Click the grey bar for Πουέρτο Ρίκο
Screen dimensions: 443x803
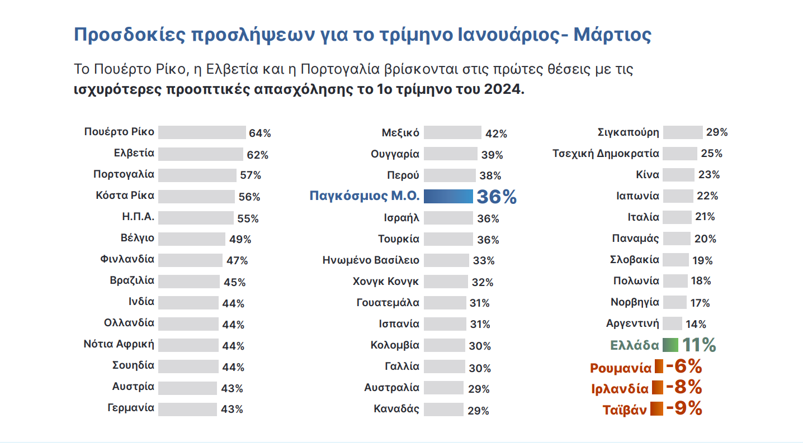point(202,132)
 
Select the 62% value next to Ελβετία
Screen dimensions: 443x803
point(257,155)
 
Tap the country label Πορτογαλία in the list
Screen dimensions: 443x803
point(124,174)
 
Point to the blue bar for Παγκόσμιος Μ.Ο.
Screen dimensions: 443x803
point(448,196)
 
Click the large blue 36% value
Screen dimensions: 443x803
point(497,197)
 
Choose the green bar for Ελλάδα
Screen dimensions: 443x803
point(670,345)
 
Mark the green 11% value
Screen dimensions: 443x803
point(699,345)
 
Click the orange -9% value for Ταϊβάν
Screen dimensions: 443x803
point(684,408)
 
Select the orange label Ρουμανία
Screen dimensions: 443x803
point(621,368)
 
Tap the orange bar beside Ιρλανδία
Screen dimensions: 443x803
point(657,388)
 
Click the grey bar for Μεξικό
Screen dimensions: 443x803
point(452,132)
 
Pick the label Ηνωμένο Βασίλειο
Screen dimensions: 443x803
point(371,260)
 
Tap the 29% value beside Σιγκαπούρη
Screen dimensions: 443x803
point(716,133)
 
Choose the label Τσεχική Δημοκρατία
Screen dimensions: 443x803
point(606,154)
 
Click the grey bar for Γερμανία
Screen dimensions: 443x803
point(187,408)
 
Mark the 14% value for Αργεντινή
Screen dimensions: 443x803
point(695,324)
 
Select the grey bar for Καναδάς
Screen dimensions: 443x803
point(443,409)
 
